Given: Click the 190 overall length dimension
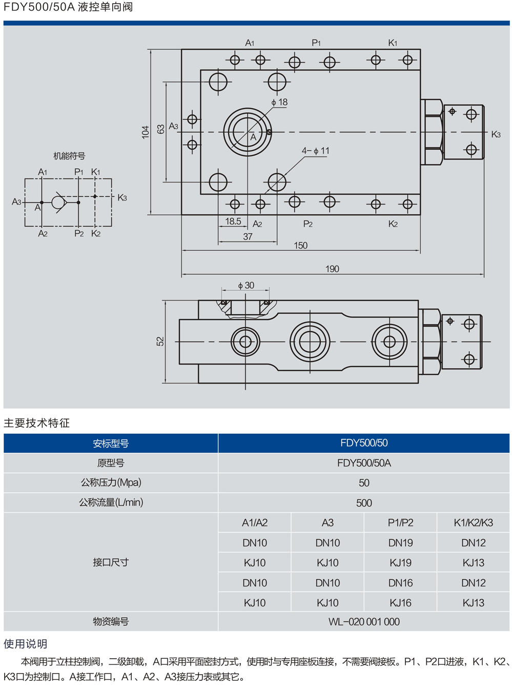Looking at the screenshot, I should pos(332,269).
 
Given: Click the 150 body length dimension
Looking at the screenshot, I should pos(300,245).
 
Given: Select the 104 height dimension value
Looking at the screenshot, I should pos(146,132).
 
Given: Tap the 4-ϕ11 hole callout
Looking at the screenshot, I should pos(315,151).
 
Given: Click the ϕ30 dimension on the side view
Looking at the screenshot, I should pos(245,285).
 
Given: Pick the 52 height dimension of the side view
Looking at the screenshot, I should pos(160,341).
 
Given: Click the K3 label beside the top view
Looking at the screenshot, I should pos(496,134).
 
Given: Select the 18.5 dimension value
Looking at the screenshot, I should pos(233,221).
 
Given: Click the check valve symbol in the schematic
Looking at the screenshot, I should pos(59,203).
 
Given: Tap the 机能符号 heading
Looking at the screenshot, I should pos(69,156).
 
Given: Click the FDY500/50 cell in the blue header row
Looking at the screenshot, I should pos(364,443).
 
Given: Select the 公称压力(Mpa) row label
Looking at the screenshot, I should pos(111,482).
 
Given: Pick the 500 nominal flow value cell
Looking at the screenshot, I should pos(364,503).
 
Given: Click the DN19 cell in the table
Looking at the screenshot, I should pos(400,542).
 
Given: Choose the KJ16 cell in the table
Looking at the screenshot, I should pos(400,603).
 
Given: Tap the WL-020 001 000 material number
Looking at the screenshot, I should pos(364,622).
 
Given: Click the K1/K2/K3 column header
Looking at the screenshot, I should pos(473,522).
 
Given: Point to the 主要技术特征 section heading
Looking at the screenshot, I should pos(36,423).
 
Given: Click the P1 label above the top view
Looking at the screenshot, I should pos(316,43).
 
